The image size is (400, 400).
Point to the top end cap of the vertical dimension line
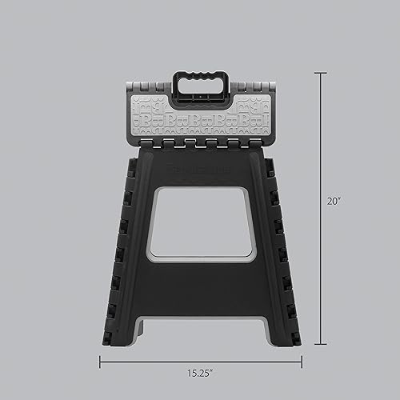[x=321, y=73]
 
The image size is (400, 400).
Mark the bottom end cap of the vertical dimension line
[x=321, y=344]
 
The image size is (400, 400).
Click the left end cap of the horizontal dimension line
[x=100, y=362]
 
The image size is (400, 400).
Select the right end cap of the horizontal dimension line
[x=302, y=362]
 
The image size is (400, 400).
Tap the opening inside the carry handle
[x=201, y=86]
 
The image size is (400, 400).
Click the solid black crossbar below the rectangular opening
[x=200, y=284]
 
